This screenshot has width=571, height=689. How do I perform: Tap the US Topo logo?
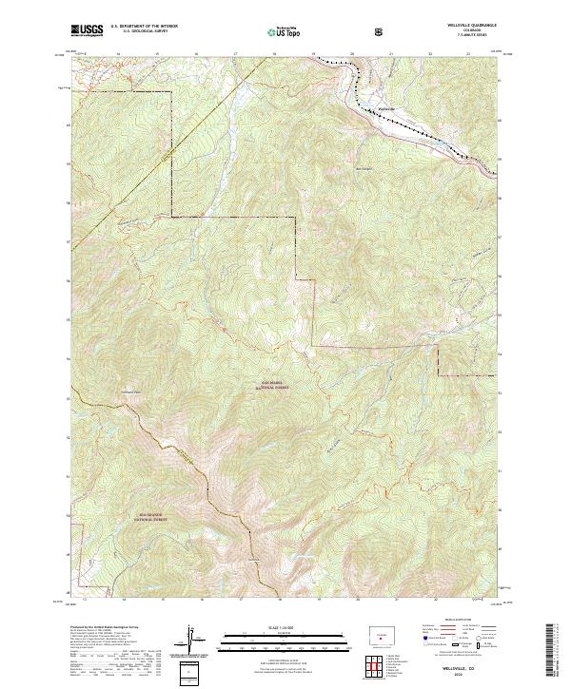[280, 32]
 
